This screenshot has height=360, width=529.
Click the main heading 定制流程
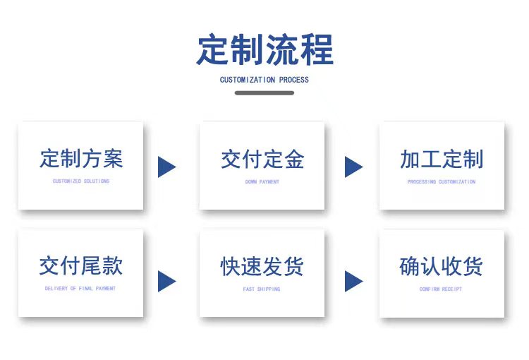pos(264,49)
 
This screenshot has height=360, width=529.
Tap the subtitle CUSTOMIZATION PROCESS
pos(264,80)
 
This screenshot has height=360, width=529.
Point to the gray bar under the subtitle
pos(264,93)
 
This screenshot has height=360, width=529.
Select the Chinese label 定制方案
pos(81,158)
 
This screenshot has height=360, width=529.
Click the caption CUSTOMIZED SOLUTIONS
pos(81,181)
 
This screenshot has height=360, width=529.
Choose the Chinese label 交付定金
pos(262,159)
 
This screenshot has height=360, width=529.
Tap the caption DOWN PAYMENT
pos(262,181)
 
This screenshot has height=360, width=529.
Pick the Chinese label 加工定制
pos(442,159)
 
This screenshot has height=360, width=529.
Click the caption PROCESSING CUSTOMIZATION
pos(442,181)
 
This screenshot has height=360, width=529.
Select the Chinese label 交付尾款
pos(80,265)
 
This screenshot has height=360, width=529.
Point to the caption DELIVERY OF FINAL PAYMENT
pos(80,289)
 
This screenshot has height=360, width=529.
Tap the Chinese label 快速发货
pos(262,266)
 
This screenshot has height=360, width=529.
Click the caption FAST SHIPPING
pos(262,289)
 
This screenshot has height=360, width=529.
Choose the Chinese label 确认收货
pos(441,266)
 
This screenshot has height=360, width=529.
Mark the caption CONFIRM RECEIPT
pos(441,289)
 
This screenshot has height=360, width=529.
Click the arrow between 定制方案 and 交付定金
pos(167,167)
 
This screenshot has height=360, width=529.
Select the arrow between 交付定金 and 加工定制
pos(354,167)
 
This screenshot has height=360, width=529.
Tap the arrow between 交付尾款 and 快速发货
pos(167,281)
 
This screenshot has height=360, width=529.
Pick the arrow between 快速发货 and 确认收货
pos(354,281)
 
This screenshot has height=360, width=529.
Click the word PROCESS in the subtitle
pos(294,80)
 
